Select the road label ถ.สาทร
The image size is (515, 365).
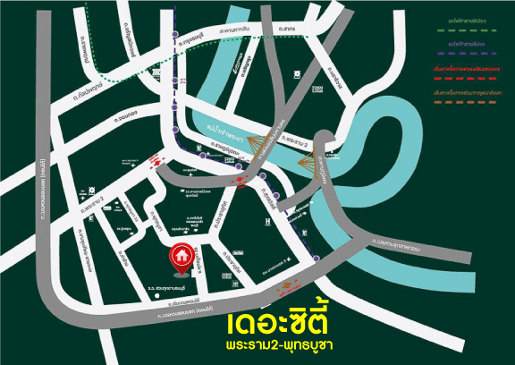point(287,30)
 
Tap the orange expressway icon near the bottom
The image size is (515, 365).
point(286,288)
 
